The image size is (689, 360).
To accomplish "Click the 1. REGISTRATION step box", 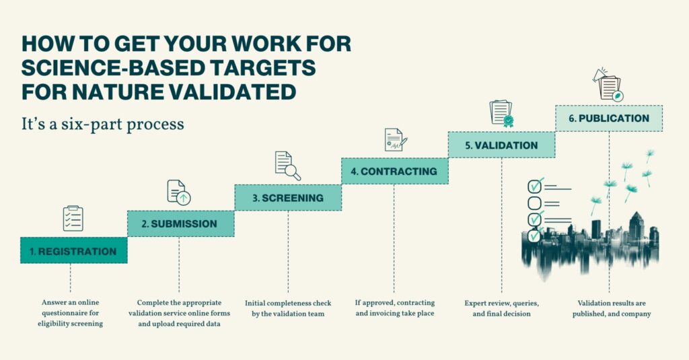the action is point(74,250).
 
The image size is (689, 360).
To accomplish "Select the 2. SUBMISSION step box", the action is point(180,223).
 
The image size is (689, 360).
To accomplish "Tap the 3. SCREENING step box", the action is point(288,198).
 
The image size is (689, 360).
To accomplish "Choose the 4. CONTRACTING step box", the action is point(394,171).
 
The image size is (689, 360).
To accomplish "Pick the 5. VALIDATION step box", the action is point(501,145).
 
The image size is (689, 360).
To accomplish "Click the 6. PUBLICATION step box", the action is point(609,118).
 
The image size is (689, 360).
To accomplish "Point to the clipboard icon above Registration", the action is point(73,219).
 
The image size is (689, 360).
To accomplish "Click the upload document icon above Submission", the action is point(179,192).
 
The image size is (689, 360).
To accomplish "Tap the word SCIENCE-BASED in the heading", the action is point(113,68).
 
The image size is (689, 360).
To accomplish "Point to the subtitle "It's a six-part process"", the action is point(103,124).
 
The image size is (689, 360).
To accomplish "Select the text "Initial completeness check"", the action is point(288,303).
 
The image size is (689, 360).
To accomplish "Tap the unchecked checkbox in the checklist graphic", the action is point(534,203).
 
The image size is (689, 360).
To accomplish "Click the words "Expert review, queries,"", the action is point(501,303).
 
